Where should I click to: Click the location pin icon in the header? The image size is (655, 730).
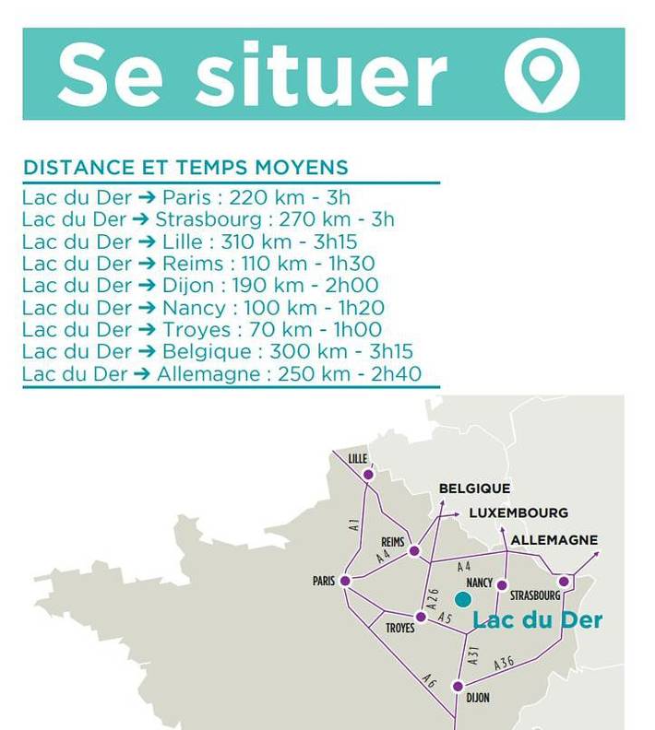(x=542, y=74)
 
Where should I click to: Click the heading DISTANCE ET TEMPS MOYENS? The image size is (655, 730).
(x=185, y=168)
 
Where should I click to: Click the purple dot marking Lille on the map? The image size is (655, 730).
(x=368, y=475)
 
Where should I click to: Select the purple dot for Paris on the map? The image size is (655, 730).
(x=345, y=581)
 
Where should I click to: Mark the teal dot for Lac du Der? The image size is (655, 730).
(x=463, y=599)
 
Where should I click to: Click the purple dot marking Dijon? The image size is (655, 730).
(x=458, y=687)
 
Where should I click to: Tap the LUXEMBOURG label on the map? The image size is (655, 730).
(x=518, y=512)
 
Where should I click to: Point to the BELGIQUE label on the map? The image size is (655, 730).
(x=474, y=489)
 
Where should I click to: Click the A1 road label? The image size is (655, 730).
(x=354, y=525)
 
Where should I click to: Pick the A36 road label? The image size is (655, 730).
(x=504, y=662)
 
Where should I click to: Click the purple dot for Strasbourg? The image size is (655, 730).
(x=564, y=582)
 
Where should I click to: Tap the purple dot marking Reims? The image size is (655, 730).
(x=414, y=551)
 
